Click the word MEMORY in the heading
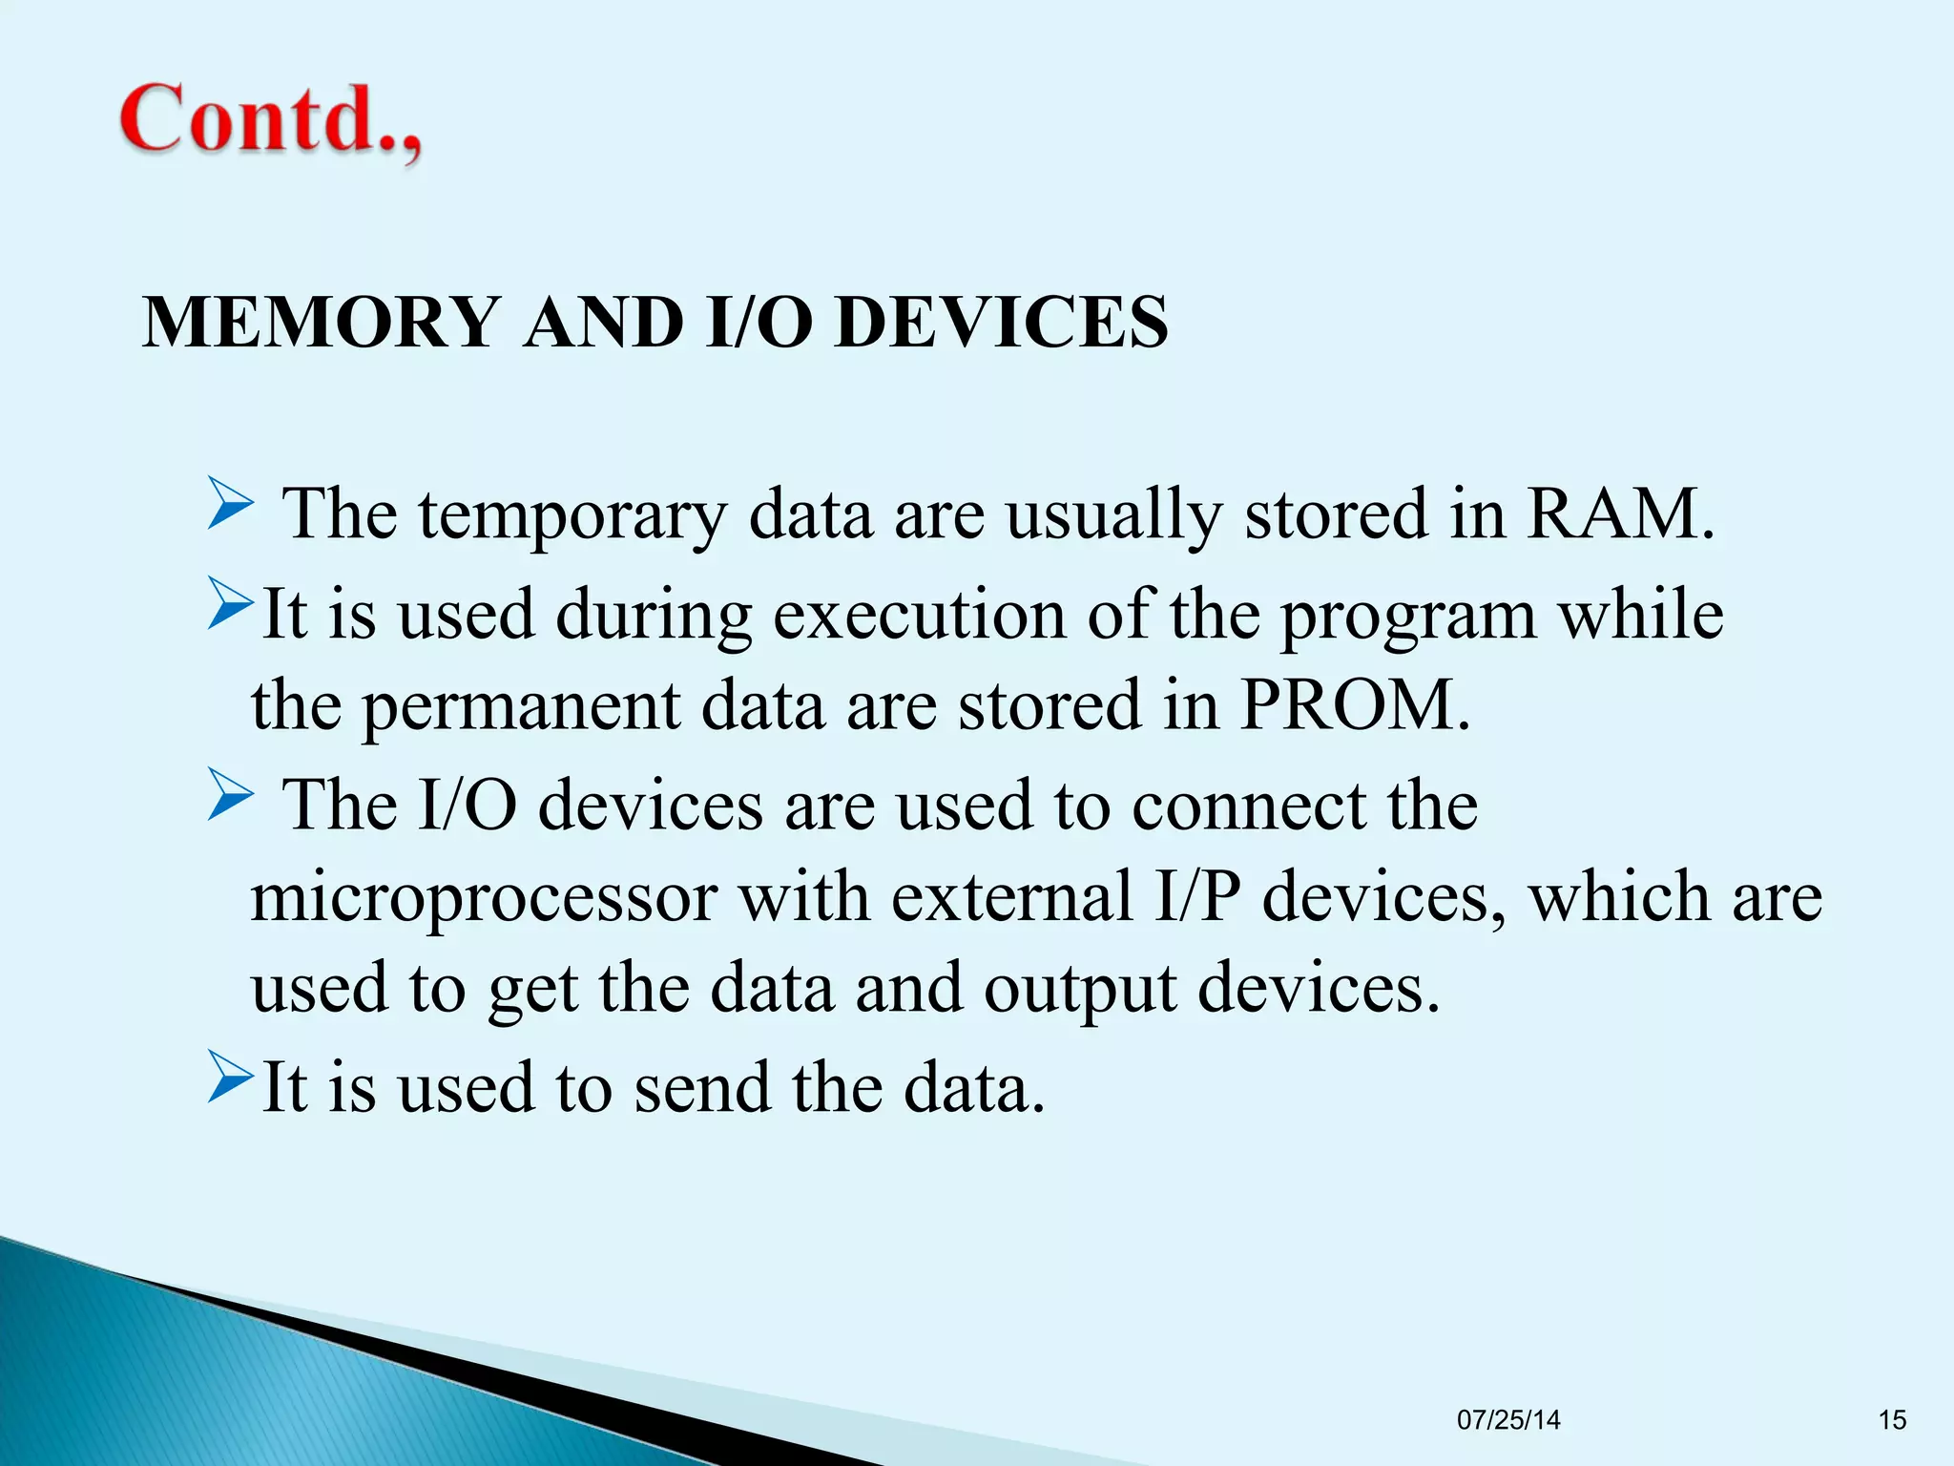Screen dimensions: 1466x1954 (322, 323)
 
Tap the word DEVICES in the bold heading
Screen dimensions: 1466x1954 (1001, 323)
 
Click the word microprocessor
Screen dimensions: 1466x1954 (484, 898)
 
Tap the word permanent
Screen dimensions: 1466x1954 (522, 706)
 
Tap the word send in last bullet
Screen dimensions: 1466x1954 (702, 1087)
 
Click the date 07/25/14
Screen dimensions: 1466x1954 (1508, 1420)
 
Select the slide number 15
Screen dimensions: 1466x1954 (1892, 1420)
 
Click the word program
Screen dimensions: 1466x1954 (1408, 616)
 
